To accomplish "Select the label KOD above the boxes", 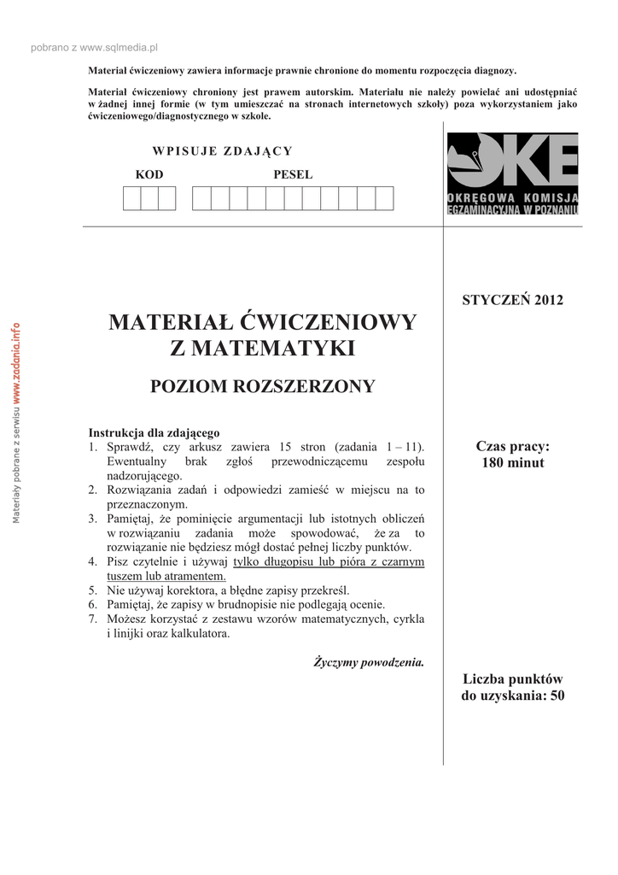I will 149,175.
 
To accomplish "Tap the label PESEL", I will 293,175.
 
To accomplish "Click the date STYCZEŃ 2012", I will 513,300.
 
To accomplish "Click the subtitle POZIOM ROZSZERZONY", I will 263,386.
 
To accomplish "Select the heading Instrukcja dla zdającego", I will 154,432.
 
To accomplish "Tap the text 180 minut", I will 513,463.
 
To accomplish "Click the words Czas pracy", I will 513,447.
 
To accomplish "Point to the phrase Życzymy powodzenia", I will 369,662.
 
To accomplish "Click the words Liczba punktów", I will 513,679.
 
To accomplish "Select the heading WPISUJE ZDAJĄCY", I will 222,151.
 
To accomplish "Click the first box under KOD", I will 131,198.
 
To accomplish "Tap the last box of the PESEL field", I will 384,198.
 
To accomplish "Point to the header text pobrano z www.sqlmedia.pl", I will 95,49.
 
